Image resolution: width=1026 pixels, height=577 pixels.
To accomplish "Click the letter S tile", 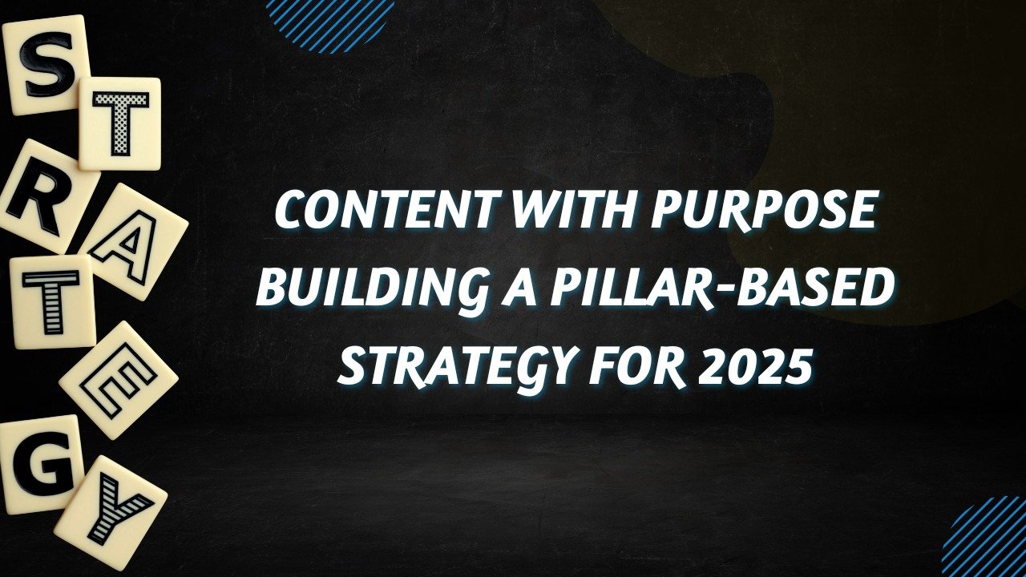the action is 46,64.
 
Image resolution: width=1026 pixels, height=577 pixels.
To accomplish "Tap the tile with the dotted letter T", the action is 120,123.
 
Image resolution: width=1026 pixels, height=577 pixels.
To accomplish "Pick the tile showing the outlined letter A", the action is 133,242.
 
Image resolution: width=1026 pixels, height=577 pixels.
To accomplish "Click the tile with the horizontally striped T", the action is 53,301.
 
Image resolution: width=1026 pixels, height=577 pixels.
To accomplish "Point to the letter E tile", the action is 118,380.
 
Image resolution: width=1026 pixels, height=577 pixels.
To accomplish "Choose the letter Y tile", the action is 111,513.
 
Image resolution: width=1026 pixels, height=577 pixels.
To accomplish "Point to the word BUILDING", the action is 374,289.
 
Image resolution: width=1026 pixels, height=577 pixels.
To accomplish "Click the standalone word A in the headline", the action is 520,288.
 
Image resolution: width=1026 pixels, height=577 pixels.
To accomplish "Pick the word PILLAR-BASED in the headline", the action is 722,288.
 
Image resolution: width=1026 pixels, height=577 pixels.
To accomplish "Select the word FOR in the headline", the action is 637,368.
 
